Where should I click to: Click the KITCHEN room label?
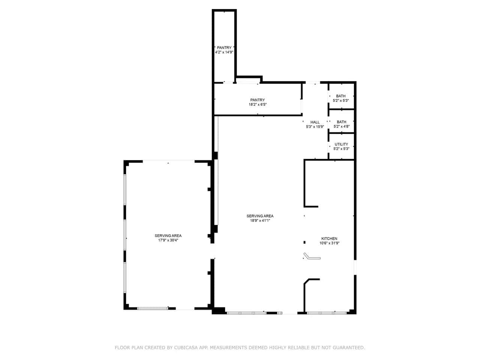329,238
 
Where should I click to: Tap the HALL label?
315,122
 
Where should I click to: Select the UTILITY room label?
341,144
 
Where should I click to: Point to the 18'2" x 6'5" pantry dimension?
258,105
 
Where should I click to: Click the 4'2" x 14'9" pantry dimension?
224,52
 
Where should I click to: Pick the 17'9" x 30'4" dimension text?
168,240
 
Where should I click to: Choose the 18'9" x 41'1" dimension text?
260,220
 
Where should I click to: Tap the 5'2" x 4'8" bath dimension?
342,126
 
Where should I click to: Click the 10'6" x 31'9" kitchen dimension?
329,243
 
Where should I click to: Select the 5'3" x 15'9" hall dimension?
315,127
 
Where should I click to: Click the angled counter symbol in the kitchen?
312,256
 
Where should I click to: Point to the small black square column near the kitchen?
304,242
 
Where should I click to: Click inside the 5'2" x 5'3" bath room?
341,96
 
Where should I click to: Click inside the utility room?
341,146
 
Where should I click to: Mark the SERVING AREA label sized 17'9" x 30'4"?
168,235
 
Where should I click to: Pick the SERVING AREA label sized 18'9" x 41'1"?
260,216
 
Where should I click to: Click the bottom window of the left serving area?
152,308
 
